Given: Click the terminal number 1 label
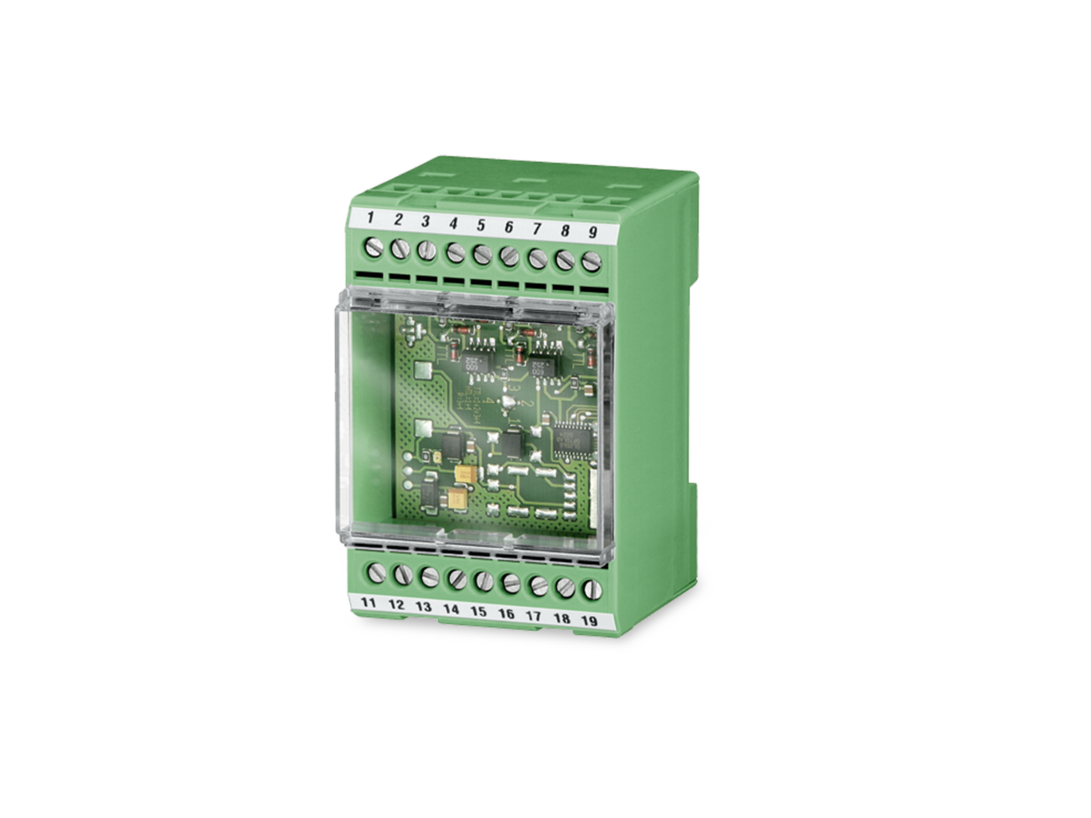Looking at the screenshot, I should [370, 219].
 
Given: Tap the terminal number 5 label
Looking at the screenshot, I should [480, 224].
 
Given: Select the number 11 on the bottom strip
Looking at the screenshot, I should [369, 603].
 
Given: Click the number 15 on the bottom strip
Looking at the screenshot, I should [478, 610].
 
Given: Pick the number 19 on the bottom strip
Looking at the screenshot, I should [589, 620].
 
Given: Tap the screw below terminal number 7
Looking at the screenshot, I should [536, 258].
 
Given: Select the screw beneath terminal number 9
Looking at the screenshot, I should [591, 261].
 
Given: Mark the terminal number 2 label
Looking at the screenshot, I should [398, 220].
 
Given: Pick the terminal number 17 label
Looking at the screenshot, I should [533, 615].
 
